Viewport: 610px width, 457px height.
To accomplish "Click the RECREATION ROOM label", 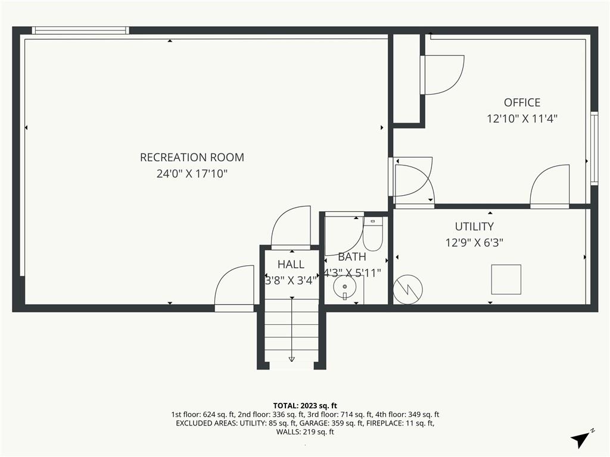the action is (192, 157).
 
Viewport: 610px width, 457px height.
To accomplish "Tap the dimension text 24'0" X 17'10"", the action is (192, 173).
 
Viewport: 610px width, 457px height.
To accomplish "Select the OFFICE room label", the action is (522, 102).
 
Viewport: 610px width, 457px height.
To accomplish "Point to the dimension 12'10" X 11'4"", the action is (522, 118).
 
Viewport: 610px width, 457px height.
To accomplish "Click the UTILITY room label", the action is (474, 227).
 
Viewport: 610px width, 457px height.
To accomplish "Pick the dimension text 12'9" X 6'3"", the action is (474, 243).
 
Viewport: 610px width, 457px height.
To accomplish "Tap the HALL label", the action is (291, 265).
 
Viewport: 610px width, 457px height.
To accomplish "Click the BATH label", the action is (351, 257).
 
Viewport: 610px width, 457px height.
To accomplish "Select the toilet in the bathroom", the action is (373, 233).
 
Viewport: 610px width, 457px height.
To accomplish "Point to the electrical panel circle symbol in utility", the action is (407, 290).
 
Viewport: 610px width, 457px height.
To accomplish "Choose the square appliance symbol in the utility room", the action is (506, 280).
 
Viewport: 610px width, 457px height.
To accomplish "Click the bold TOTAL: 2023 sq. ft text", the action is (305, 406).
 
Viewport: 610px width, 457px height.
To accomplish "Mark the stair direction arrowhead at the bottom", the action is (292, 359).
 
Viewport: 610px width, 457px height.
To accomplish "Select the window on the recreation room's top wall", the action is (80, 30).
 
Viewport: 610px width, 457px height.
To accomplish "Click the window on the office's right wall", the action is (594, 148).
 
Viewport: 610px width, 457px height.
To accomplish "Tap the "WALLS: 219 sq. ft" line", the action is (305, 432).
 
